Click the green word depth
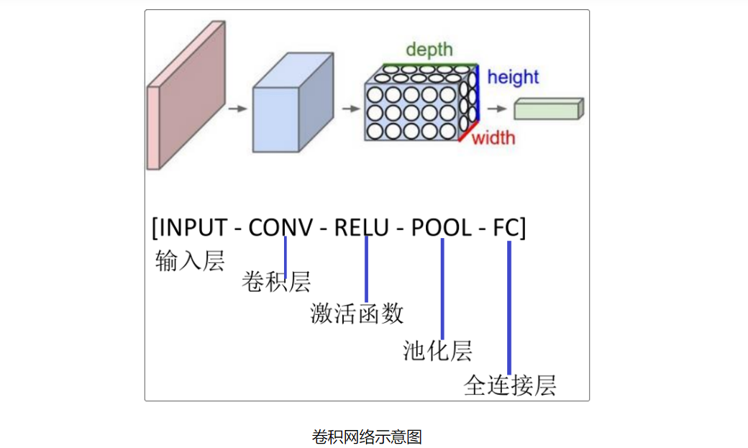(429, 50)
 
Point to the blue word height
(513, 77)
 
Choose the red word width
(493, 137)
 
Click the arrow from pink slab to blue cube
(237, 109)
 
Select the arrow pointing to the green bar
(496, 109)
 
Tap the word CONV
(280, 227)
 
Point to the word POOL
(441, 227)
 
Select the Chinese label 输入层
(190, 260)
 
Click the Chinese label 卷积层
(276, 282)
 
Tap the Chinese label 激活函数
(357, 314)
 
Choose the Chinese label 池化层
(437, 351)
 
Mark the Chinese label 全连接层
(510, 385)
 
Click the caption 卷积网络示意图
(367, 436)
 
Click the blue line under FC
(509, 309)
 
